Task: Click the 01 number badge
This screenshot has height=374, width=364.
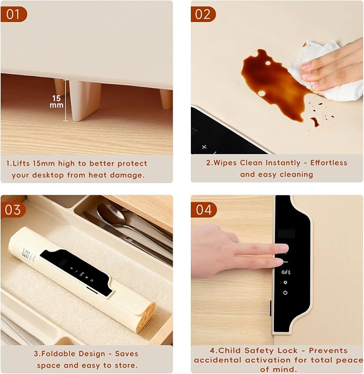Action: click(x=13, y=14)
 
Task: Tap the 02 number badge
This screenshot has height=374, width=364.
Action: click(x=203, y=14)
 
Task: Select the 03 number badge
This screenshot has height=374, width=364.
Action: click(x=13, y=210)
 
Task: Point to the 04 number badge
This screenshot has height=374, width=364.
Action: click(x=204, y=210)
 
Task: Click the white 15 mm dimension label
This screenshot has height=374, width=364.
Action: click(x=57, y=101)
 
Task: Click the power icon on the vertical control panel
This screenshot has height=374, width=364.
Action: click(x=285, y=292)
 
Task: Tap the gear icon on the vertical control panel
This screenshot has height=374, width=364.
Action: click(x=285, y=283)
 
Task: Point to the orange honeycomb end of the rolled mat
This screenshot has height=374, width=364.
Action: click(x=146, y=317)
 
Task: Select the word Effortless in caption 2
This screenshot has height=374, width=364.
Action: click(x=329, y=163)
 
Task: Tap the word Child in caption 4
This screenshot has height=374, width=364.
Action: click(x=229, y=350)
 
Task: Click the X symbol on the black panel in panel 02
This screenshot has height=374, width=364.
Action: click(x=204, y=147)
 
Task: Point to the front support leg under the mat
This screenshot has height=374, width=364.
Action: click(x=85, y=100)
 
